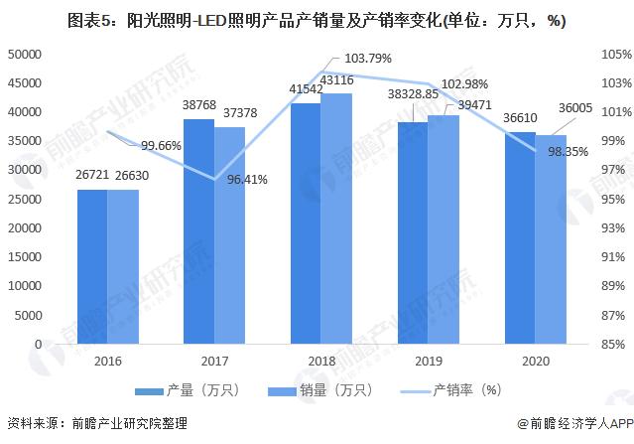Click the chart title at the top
tap(317, 22)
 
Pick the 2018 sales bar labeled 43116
tap(336, 219)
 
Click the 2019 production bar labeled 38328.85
tap(413, 232)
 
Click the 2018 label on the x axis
tap(320, 363)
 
